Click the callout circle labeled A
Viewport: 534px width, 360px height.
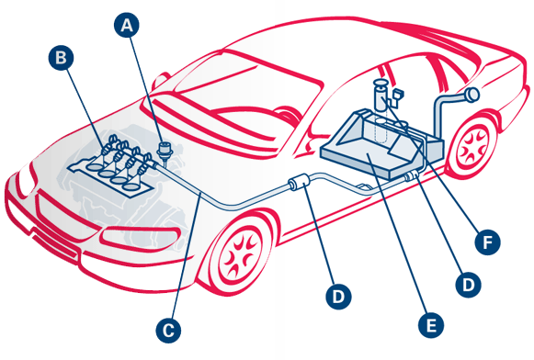coord(127,25)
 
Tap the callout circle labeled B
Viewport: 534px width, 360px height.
coord(61,58)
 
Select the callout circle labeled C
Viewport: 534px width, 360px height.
coord(168,330)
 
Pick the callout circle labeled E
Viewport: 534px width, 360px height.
coord(431,325)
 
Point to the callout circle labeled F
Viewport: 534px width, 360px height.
coord(488,242)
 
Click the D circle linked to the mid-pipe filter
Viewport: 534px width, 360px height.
coord(338,297)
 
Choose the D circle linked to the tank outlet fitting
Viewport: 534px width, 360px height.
coord(469,285)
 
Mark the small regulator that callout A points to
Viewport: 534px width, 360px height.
coord(165,152)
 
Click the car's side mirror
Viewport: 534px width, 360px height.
coord(160,80)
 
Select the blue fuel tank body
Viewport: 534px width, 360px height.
coord(381,144)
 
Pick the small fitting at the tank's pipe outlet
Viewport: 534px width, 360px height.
coord(412,175)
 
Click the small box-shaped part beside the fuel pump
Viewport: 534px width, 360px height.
coord(398,95)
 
